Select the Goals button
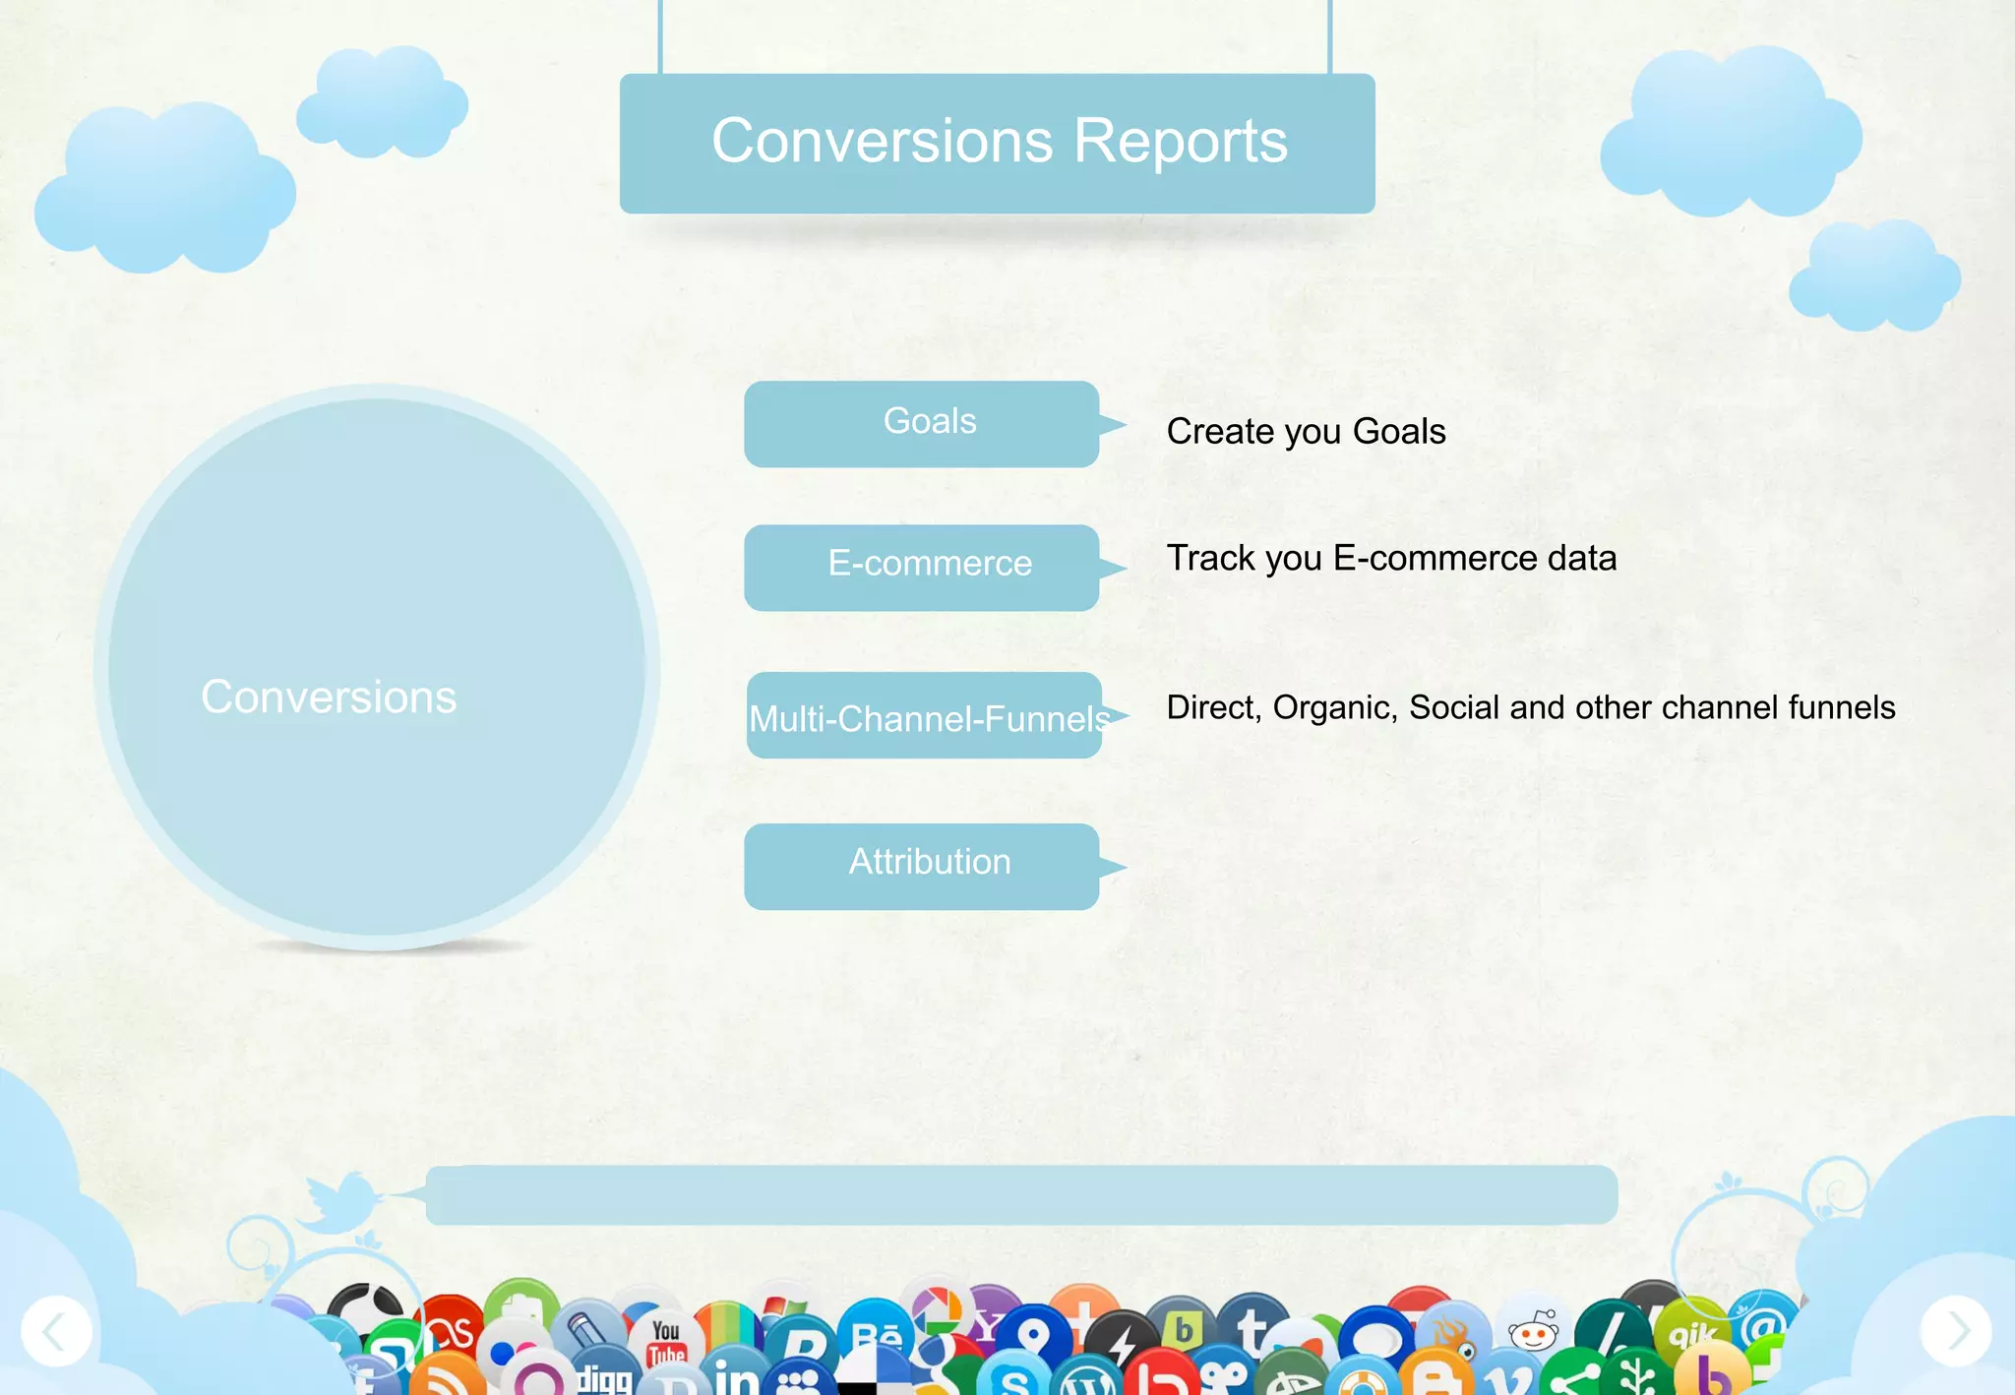pos(921,423)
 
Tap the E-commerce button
pos(921,566)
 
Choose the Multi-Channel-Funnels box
pos(924,716)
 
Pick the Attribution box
pos(921,865)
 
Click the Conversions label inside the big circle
pos(329,697)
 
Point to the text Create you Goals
pos(1305,432)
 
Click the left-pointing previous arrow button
pos(56,1331)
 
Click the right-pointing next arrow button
pos(1956,1331)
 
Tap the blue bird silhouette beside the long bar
pos(339,1202)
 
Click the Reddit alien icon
pos(1533,1333)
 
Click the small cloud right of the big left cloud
pos(383,102)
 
